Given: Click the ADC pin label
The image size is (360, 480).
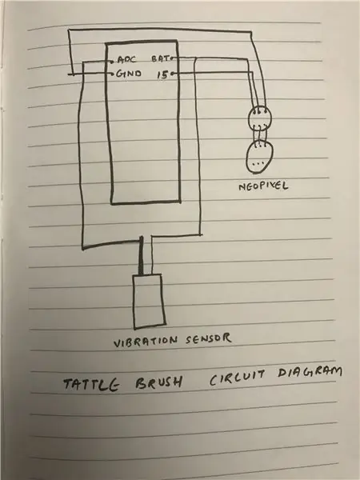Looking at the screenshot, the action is pos(126,59).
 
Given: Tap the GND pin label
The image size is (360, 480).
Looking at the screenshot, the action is pos(129,74).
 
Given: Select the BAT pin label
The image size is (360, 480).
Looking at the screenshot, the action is pos(161,58).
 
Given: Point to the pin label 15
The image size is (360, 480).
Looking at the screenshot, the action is pos(162,74).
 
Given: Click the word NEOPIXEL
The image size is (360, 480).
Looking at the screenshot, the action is pos(263,186).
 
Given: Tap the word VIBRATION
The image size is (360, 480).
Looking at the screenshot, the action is pos(146,342).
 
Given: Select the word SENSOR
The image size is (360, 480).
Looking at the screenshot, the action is pos(208,338).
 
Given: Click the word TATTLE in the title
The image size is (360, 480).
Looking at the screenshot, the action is pos(91,385).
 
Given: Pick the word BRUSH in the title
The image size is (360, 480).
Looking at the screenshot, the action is pos(159,382).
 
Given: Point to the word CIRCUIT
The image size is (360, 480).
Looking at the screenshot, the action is pos(237,378).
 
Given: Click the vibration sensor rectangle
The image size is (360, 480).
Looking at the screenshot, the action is pos(149,302).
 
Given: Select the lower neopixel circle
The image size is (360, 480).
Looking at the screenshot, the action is pos(259,157).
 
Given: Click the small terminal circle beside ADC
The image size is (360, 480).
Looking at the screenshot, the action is pos(112,62).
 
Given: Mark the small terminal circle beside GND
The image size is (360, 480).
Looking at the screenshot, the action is pos(112,74).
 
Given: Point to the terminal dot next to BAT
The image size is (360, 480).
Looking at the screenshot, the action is pos(172,58).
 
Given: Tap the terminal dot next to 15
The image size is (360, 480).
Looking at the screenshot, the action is pos(172,74).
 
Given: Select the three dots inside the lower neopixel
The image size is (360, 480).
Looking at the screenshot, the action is pos(258,163).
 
